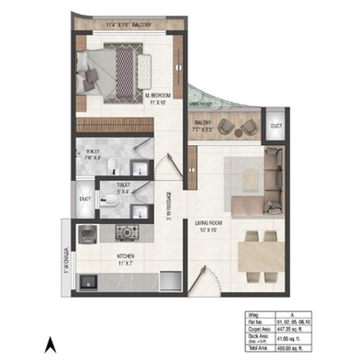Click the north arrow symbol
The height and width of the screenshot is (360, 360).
51,345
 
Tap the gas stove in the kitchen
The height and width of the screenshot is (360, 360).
129,230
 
